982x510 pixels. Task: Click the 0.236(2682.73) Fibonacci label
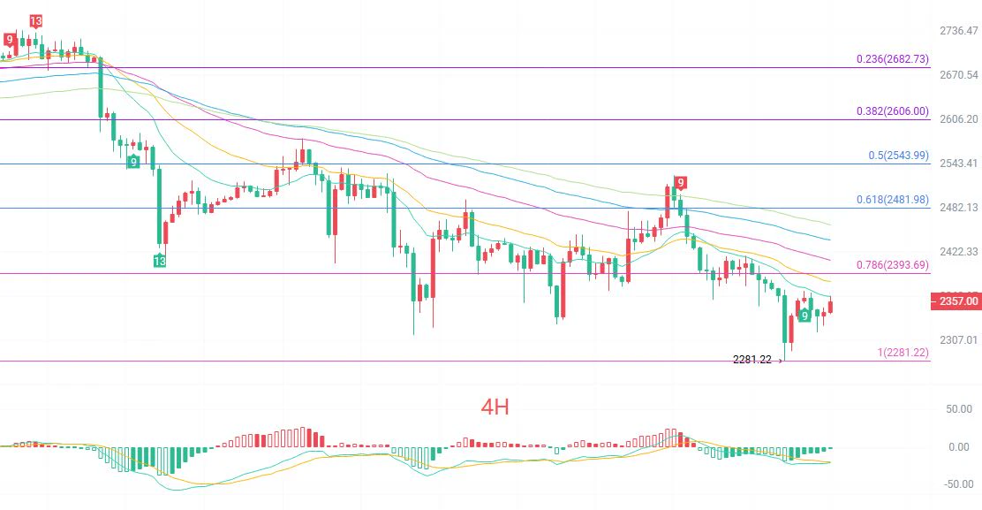tap(893, 59)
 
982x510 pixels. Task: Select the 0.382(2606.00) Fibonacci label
tap(893, 110)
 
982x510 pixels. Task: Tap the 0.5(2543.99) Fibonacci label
tap(899, 156)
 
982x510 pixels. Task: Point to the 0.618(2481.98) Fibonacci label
tap(893, 199)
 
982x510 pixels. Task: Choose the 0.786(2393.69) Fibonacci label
tap(893, 265)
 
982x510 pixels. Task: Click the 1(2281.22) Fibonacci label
tap(903, 352)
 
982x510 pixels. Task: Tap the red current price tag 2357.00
tap(956, 301)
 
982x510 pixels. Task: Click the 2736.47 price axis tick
tap(959, 30)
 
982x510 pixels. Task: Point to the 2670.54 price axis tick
tap(959, 74)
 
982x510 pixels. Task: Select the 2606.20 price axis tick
tap(959, 118)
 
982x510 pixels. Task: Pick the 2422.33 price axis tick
tap(959, 251)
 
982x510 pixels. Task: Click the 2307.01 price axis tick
tap(959, 339)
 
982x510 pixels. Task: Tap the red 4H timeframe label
tap(495, 407)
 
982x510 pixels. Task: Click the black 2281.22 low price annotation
tap(752, 360)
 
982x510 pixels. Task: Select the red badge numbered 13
tap(35, 21)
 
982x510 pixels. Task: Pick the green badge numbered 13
tap(160, 261)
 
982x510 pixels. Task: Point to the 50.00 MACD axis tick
tap(959, 409)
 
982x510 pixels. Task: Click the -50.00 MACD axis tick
tap(957, 483)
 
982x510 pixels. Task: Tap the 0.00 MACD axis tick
tap(959, 446)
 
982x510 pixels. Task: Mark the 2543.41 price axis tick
tap(959, 163)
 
